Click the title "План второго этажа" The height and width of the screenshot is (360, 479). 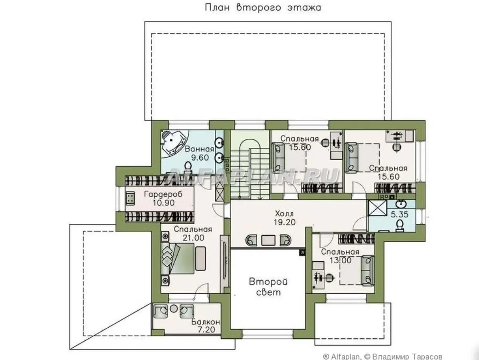click(263, 8)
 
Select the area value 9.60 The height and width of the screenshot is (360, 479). click(200, 157)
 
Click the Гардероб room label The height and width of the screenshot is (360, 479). click(163, 194)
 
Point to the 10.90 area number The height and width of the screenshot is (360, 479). click(163, 203)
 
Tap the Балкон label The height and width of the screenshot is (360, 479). click(206, 322)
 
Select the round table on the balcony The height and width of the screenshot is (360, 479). click(174, 308)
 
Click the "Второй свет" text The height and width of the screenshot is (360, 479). click(268, 287)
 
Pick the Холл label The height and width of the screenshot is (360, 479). click(284, 213)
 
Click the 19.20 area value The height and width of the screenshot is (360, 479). click(285, 222)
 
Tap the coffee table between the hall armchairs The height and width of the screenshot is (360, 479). click(268, 240)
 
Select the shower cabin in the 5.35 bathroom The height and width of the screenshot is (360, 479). click(378, 208)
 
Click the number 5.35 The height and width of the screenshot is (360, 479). click(399, 214)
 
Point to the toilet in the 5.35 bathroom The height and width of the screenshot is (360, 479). click(400, 225)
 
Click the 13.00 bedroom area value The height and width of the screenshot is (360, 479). click(340, 260)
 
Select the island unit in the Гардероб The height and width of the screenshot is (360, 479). click(130, 198)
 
